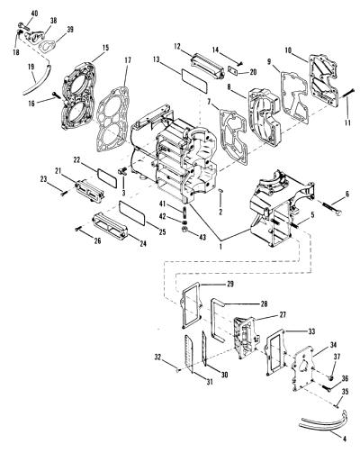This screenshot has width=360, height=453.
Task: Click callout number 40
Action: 34,14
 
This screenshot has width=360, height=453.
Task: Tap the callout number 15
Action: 105,48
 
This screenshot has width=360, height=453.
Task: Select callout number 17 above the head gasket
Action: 128,60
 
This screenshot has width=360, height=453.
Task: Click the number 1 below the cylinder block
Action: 221,247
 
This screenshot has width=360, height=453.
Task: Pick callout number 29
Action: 230,284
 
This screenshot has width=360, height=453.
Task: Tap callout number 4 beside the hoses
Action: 345,439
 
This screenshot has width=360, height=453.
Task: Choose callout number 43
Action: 202,237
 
